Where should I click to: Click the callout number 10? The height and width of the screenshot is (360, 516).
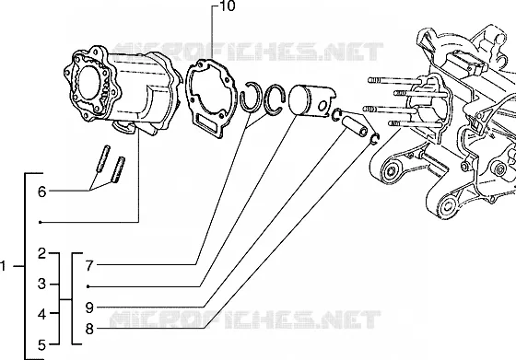[x=227, y=6]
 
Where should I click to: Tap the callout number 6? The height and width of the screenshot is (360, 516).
[x=41, y=192]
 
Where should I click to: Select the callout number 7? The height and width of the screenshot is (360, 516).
[x=89, y=266]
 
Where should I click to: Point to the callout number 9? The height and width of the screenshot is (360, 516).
[x=89, y=308]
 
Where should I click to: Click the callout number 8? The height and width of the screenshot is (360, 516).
[x=89, y=329]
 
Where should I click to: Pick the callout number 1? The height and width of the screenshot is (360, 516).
[x=3, y=266]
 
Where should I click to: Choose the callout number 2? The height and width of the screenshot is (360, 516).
[x=41, y=253]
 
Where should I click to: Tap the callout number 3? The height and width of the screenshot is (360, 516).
[x=41, y=284]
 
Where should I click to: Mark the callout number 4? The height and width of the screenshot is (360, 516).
[x=41, y=314]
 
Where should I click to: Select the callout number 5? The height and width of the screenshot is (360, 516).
[x=41, y=345]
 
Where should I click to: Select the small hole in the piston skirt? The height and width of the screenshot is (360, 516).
[x=322, y=106]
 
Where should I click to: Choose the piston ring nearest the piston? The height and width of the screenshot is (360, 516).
[x=267, y=105]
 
